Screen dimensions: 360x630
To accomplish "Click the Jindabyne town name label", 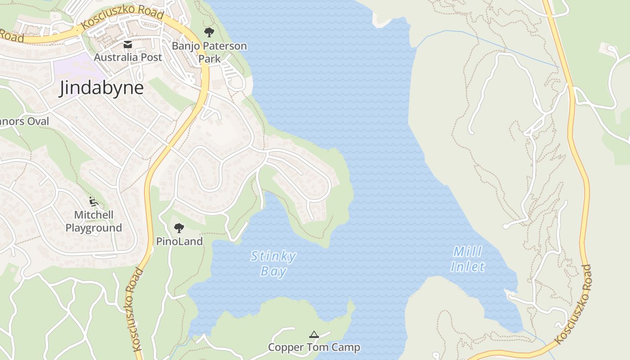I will (x=102, y=88).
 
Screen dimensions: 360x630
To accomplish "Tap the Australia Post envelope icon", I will (x=128, y=44).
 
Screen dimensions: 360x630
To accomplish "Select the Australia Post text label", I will (x=128, y=57).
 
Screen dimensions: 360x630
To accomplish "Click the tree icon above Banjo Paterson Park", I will (x=209, y=32).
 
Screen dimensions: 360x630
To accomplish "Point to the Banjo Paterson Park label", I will (x=210, y=52).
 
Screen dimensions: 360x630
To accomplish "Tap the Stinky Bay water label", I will (x=274, y=264).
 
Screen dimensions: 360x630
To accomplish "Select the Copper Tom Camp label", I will (x=314, y=347).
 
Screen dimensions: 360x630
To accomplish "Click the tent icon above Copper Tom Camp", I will (x=314, y=334).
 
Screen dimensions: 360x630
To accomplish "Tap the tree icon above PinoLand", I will (x=179, y=228).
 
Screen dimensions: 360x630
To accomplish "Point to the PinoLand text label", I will (x=179, y=241).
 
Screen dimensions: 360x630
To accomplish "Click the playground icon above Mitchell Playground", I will (x=94, y=202).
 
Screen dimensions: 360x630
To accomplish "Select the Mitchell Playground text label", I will (x=94, y=221).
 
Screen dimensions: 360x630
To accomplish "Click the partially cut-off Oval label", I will (x=24, y=121).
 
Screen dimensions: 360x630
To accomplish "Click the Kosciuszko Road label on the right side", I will (x=574, y=304).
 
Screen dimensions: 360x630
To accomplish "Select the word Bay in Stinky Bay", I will (x=274, y=271).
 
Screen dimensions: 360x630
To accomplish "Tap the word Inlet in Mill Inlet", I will (x=468, y=267).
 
